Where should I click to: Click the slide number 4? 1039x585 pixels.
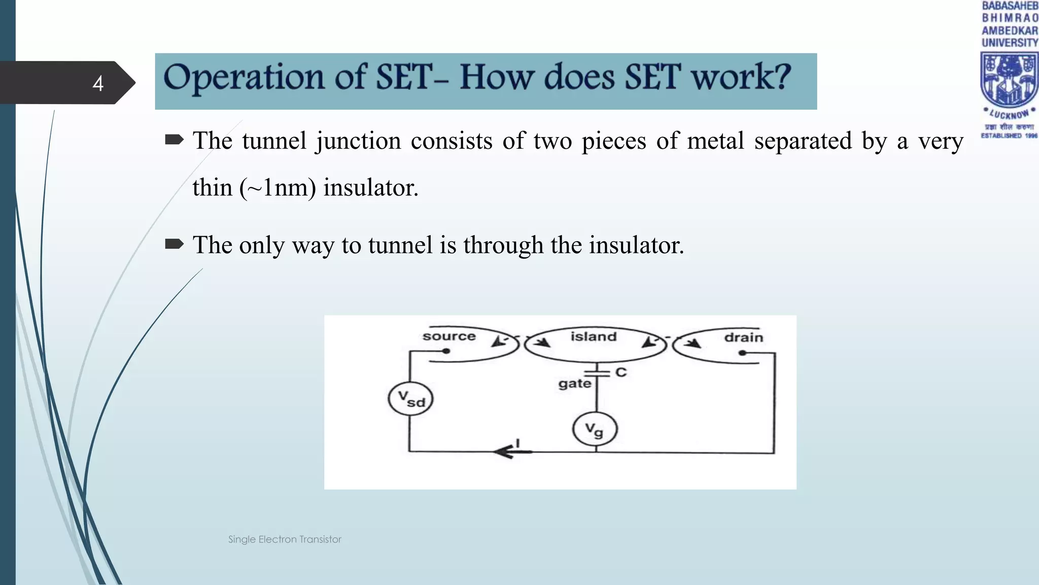pos(98,83)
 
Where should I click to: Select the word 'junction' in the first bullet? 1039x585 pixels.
pos(358,141)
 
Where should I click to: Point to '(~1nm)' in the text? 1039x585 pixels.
pos(278,188)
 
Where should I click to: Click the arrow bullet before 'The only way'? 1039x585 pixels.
pos(174,245)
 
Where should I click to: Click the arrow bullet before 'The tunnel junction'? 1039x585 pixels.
pos(174,140)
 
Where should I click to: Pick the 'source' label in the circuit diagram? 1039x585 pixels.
pos(449,336)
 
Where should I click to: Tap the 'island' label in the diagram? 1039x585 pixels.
pos(593,337)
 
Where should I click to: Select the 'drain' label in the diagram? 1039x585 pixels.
pos(743,338)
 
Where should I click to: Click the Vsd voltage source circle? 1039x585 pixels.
pos(410,399)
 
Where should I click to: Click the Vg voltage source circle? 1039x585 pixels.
pos(595,430)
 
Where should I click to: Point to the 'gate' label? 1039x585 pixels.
pos(575,383)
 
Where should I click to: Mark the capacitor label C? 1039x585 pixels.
pos(621,372)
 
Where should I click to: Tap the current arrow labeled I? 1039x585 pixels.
pos(512,450)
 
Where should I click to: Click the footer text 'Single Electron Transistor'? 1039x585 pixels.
pos(285,539)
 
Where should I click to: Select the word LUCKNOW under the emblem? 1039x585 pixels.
pos(1009,114)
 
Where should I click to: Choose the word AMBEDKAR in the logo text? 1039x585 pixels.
pos(1010,30)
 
